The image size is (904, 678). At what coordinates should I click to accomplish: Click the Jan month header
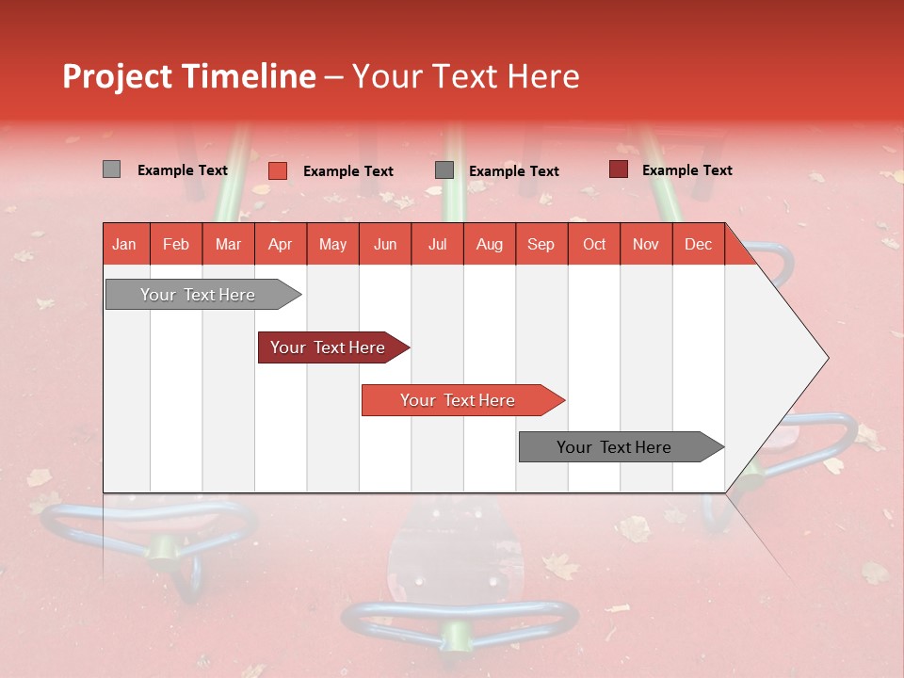[x=124, y=244]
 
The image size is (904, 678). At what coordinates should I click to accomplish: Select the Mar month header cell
[x=228, y=244]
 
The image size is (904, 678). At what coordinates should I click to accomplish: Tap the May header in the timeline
[x=332, y=244]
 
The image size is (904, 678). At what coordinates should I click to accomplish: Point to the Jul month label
[x=437, y=244]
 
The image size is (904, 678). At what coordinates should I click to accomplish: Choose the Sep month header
[x=541, y=244]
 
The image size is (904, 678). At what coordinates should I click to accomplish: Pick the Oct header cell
[x=594, y=244]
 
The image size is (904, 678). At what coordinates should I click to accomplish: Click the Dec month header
[x=698, y=244]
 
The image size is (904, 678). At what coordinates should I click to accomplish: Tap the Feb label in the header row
[x=176, y=244]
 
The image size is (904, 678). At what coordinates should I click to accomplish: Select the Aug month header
[x=489, y=244]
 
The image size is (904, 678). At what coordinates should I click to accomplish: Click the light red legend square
[x=277, y=170]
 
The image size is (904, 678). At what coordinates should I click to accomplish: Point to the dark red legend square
[x=618, y=169]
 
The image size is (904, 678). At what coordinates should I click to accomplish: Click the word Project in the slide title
[x=118, y=76]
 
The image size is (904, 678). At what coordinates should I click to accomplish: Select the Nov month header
[x=646, y=244]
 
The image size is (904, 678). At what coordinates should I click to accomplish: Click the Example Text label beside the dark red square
[x=686, y=170]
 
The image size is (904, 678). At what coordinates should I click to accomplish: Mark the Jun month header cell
[x=385, y=244]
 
